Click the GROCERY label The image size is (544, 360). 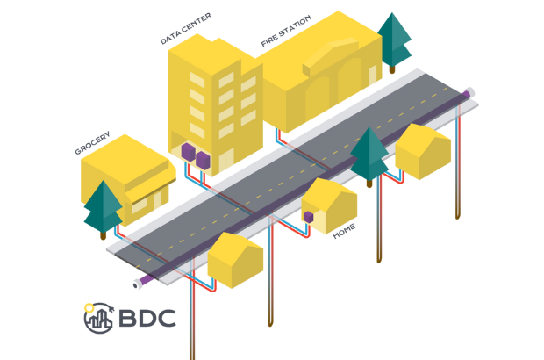(92, 145)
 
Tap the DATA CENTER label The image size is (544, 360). (185, 28)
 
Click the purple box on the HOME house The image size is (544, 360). (308, 216)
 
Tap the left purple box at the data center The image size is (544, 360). (188, 153)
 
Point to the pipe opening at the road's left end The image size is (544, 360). (137, 284)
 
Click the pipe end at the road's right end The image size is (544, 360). (471, 91)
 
